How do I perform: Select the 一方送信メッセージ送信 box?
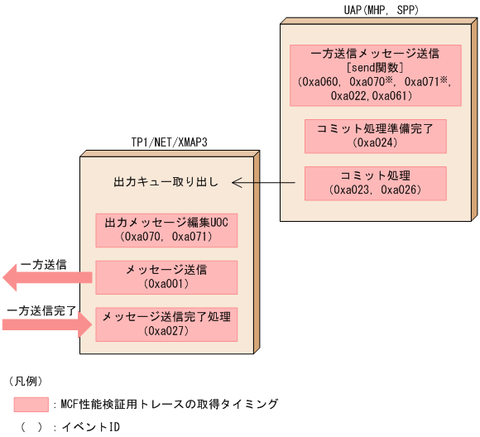point(375,75)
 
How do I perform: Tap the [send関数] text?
point(375,67)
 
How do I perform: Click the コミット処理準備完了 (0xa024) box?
point(375,136)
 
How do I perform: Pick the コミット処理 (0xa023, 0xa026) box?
point(375,182)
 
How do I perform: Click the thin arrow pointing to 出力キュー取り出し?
point(265,181)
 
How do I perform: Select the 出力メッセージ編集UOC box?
point(166,229)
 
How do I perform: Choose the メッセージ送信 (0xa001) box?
point(166,276)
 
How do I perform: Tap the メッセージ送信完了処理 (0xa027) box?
point(166,324)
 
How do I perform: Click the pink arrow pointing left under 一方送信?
point(46,279)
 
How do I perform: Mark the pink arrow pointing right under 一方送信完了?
point(46,324)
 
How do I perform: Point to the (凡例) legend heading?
point(25,381)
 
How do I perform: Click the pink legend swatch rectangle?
point(31,404)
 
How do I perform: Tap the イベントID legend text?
point(92,427)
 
